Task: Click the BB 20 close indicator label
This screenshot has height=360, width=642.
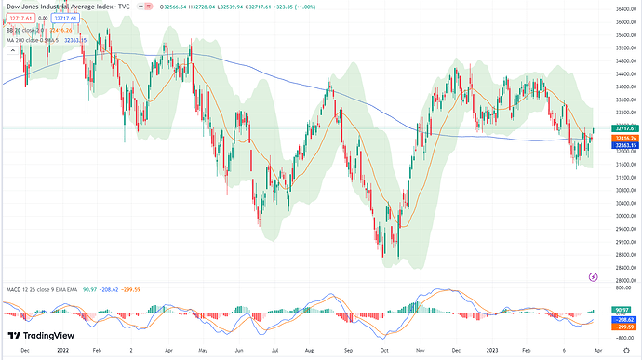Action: point(28,30)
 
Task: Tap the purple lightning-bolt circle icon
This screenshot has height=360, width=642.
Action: point(593,277)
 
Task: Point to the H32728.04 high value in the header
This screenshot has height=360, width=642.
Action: point(221,7)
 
